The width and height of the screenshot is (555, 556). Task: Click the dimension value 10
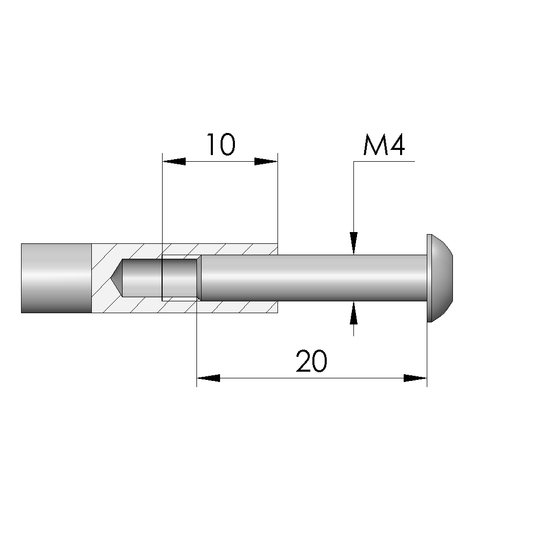221,145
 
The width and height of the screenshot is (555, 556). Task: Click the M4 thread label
384,145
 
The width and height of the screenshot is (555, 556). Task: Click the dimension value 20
311,361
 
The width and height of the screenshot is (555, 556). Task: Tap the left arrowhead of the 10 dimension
174,161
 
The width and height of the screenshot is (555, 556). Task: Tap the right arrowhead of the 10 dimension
266,161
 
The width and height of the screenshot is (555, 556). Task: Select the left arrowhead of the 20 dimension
208,378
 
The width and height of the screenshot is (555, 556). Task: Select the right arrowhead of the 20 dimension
415,378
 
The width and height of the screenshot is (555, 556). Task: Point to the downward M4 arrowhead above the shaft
353,243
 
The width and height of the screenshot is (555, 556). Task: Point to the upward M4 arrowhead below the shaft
353,313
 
